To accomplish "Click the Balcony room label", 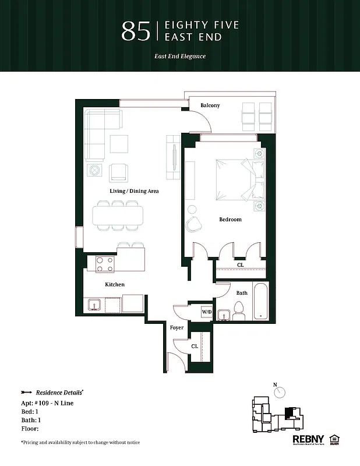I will tap(210, 105).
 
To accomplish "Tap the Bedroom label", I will tap(230, 220).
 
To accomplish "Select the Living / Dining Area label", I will tap(134, 191).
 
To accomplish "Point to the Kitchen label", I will tap(115, 285).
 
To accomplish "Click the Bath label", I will tap(242, 293).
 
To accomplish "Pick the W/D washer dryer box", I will tap(207, 312).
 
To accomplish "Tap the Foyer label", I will tap(177, 328).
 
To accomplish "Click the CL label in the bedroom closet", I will tap(240, 265).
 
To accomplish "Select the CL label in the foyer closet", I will tap(195, 346).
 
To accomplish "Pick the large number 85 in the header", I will tap(135, 31).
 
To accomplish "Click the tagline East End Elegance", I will tap(180, 57).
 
